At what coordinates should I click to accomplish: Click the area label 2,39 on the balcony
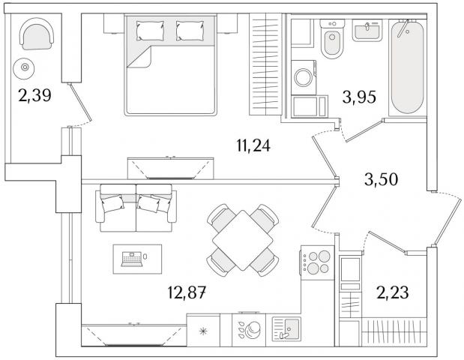pyautogui.click(x=34, y=96)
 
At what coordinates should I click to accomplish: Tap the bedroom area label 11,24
pyautogui.click(x=253, y=145)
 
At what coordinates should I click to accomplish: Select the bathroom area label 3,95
pyautogui.click(x=359, y=97)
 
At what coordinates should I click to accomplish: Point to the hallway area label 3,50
pyautogui.click(x=381, y=179)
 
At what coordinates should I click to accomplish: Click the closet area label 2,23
pyautogui.click(x=392, y=292)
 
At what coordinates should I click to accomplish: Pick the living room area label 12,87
pyautogui.click(x=187, y=292)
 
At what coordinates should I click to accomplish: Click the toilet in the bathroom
pyautogui.click(x=332, y=38)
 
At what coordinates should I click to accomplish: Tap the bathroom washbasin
pyautogui.click(x=367, y=31)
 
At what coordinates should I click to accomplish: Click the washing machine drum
pyautogui.click(x=304, y=77)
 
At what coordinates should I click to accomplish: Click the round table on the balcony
pyautogui.click(x=24, y=68)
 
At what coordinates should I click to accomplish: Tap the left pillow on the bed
pyautogui.click(x=150, y=31)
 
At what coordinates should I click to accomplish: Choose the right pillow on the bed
pyautogui.click(x=190, y=31)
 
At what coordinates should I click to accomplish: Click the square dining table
pyautogui.click(x=243, y=240)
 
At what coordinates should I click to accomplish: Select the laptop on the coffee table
pyautogui.click(x=132, y=259)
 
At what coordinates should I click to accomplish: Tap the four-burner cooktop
pyautogui.click(x=317, y=262)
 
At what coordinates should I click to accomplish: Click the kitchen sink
pyautogui.click(x=286, y=328)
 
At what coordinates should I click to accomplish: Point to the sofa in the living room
pyautogui.click(x=136, y=208)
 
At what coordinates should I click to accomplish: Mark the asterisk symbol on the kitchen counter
pyautogui.click(x=203, y=331)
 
